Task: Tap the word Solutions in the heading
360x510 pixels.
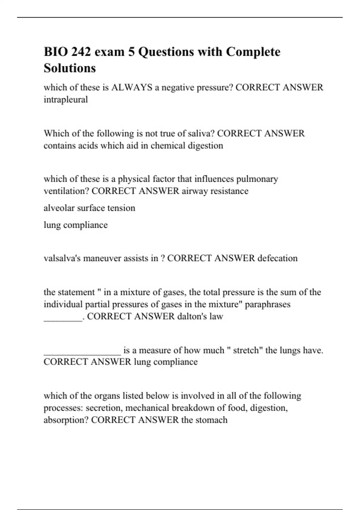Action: pyautogui.click(x=70, y=68)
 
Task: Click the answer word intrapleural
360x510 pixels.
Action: pyautogui.click(x=66, y=100)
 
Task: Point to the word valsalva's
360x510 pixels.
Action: pyautogui.click(x=62, y=258)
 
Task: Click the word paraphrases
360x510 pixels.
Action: pyautogui.click(x=268, y=304)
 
